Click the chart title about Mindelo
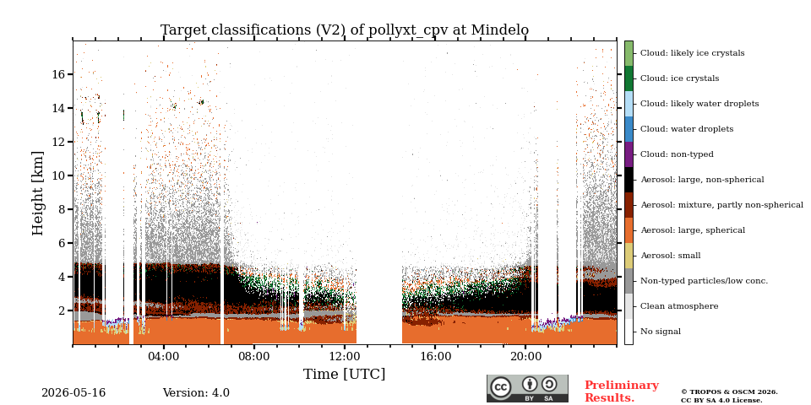coord(345,30)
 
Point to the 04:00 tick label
coord(163,357)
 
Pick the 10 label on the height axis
coord(58,175)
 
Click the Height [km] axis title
coord(38,193)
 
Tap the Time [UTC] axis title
coord(345,374)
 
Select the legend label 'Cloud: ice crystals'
coord(679,78)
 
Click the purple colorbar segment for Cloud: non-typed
coord(629,154)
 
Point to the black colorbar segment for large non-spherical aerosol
coord(629,180)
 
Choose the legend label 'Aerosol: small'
coord(671,256)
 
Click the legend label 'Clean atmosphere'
coord(679,306)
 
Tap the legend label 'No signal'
coord(661,332)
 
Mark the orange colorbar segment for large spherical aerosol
coord(629,230)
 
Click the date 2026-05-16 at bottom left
coord(73,393)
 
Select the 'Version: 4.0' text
coord(196,393)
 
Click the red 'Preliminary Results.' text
coord(622,391)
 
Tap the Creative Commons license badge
coord(527,388)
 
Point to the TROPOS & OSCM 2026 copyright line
coord(729,392)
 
